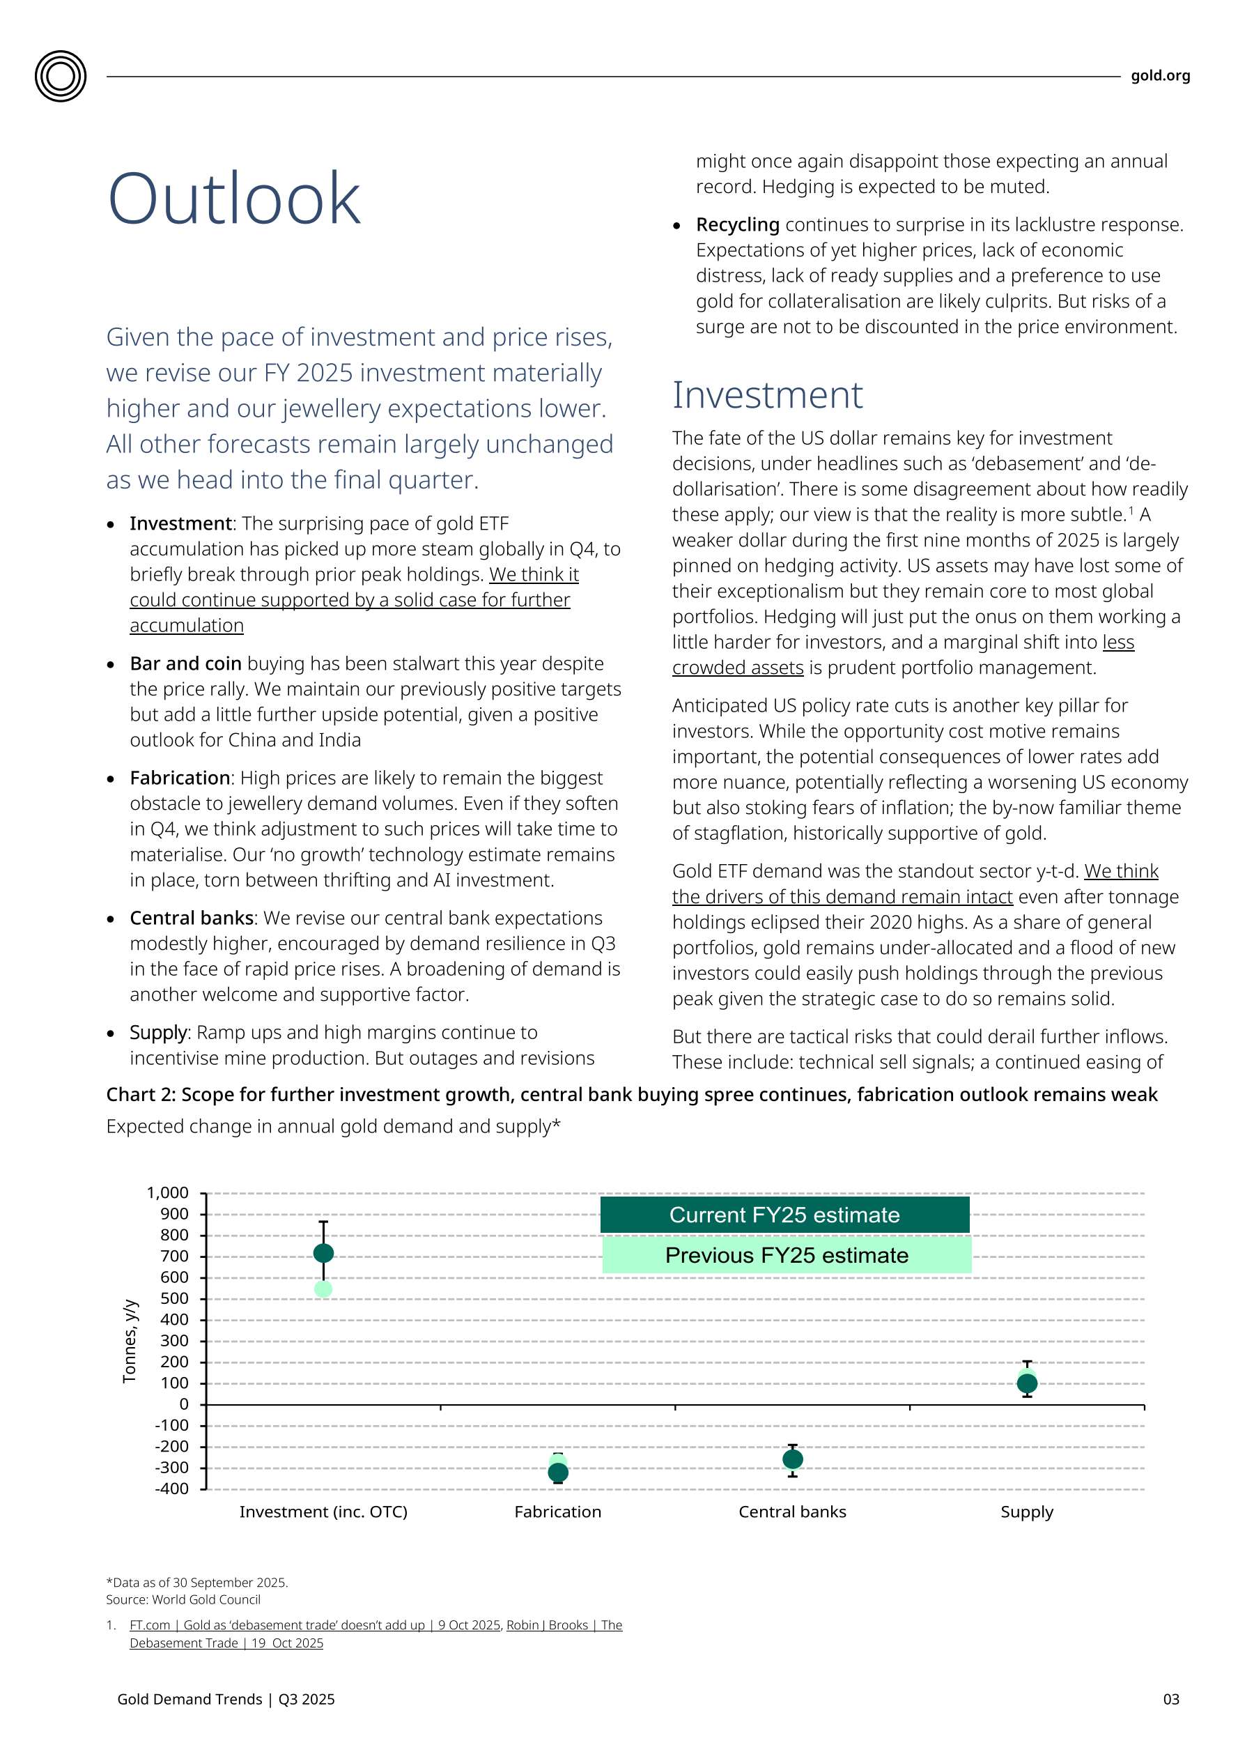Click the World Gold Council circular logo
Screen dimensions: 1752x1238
[x=60, y=76]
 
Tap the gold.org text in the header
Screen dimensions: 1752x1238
[x=1159, y=75]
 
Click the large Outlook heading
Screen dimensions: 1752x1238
[x=233, y=199]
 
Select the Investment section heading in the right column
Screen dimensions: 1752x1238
[x=766, y=395]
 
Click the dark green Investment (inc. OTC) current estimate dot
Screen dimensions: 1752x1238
[x=323, y=1253]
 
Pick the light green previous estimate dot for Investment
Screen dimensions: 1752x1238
[x=323, y=1289]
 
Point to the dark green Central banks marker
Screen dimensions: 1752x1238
[x=793, y=1459]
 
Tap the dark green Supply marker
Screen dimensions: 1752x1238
[x=1027, y=1383]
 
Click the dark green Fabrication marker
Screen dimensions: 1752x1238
[x=558, y=1473]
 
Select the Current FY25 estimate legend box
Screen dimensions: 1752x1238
[x=784, y=1215]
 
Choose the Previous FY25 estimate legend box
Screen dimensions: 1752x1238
[x=787, y=1255]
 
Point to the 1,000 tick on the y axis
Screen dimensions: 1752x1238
[x=168, y=1192]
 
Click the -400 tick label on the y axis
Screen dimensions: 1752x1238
[x=171, y=1489]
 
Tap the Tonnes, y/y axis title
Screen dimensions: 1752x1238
[x=130, y=1341]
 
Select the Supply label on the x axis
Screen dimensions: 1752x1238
[x=1027, y=1512]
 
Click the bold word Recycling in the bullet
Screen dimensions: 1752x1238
[x=737, y=224]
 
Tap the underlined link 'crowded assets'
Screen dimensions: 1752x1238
[x=737, y=668]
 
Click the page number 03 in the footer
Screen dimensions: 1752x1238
[x=1170, y=1699]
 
